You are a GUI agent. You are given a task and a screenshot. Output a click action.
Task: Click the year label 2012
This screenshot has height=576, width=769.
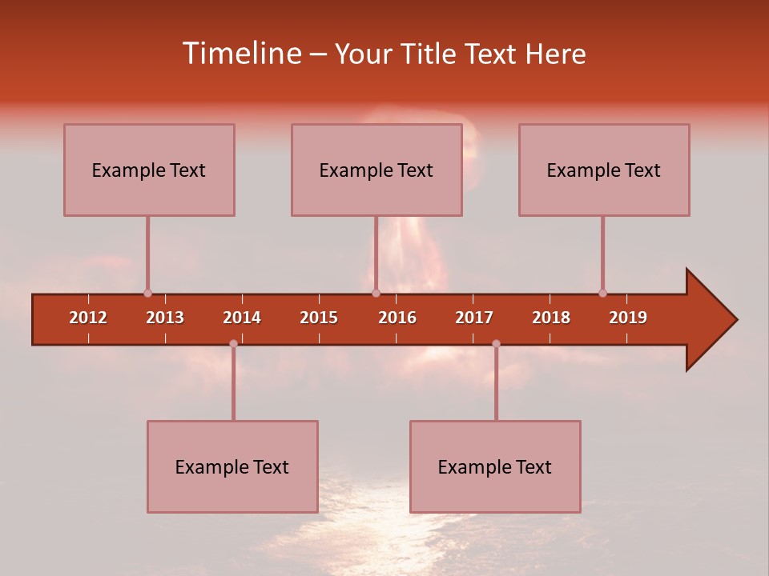coord(88,318)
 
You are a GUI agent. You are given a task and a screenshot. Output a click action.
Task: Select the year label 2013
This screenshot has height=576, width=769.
coord(165,318)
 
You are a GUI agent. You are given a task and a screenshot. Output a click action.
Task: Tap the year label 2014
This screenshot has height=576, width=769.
coord(242,318)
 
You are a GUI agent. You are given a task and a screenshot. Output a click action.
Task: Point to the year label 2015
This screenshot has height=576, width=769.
coord(319,318)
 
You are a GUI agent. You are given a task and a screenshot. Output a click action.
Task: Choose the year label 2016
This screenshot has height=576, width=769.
coord(397,318)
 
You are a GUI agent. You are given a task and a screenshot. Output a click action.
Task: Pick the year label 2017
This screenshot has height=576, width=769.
coord(474,318)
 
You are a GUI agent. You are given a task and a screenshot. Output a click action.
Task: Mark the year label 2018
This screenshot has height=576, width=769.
coord(551,318)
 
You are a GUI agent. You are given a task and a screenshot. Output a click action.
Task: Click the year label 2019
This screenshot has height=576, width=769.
coord(628,318)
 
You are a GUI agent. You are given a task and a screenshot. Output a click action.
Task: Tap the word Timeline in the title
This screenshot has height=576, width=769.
coord(240,54)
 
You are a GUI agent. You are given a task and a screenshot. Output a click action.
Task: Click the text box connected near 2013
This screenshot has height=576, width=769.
coord(149,170)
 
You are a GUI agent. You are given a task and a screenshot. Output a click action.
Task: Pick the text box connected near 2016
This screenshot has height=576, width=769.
coord(376,170)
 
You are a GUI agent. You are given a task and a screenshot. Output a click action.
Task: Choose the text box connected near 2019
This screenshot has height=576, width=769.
coord(604,170)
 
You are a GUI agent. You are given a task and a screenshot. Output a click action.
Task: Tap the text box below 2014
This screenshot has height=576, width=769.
coord(232,466)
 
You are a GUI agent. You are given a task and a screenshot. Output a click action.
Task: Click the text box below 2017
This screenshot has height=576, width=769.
coord(495,466)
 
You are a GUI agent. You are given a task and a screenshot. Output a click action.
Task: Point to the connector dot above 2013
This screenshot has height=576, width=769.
coord(147,293)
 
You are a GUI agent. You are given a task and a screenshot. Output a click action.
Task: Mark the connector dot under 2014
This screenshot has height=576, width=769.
coord(233,343)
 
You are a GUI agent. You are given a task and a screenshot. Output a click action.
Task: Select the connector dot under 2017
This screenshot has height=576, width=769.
coord(496,343)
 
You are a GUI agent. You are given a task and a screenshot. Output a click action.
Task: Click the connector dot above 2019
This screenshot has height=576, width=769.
coord(602,293)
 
